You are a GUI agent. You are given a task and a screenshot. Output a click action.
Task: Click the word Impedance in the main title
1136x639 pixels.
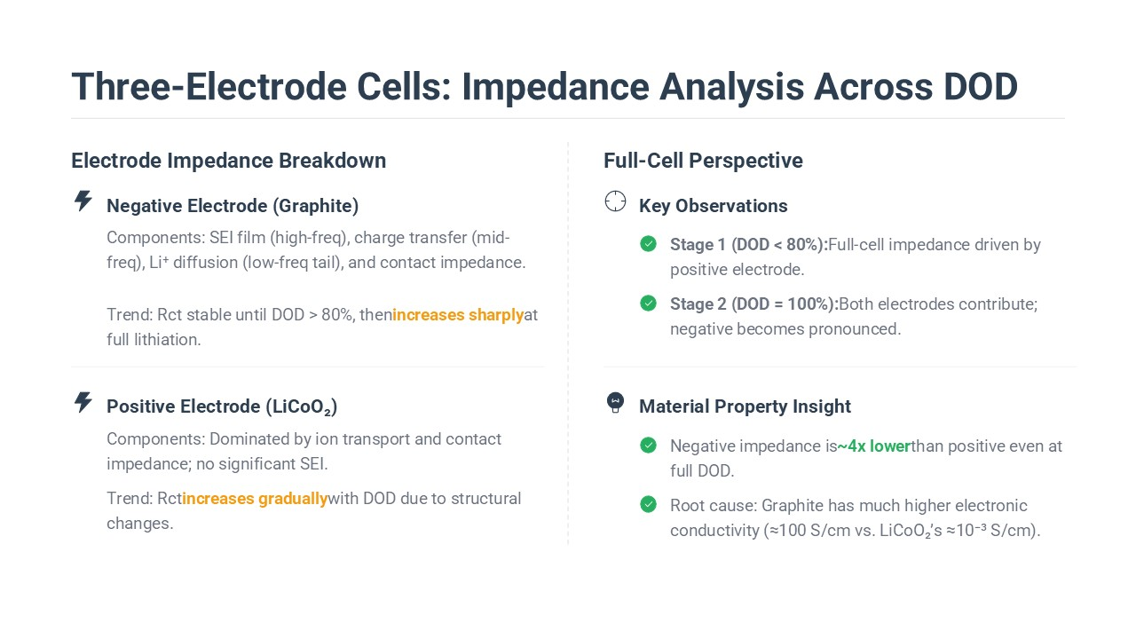click(556, 87)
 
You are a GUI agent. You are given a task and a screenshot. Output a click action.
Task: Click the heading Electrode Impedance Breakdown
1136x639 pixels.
click(229, 161)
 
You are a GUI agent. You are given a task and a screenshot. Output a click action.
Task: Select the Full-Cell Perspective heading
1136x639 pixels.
click(703, 161)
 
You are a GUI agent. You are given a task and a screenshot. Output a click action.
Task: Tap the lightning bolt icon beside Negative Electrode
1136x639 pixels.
click(83, 201)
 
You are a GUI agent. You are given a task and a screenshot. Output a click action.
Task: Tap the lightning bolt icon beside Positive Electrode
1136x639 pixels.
click(83, 402)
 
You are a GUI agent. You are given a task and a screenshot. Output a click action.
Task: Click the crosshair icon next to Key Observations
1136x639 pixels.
click(615, 201)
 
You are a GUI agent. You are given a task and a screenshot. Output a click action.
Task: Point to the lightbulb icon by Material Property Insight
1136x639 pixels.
click(615, 403)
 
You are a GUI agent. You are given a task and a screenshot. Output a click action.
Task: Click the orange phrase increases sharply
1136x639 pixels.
click(458, 315)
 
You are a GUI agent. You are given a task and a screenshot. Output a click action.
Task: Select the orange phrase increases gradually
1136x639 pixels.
click(255, 499)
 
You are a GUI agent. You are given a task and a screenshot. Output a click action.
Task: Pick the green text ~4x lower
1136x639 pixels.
click(874, 446)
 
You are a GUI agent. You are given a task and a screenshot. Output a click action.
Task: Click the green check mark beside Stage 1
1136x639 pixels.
click(648, 244)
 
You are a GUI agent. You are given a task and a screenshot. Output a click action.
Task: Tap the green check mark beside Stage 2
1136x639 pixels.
click(648, 304)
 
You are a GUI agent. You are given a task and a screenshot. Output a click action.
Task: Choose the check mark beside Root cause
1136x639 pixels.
click(648, 505)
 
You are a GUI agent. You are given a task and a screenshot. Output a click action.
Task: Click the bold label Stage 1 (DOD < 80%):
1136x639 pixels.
click(749, 245)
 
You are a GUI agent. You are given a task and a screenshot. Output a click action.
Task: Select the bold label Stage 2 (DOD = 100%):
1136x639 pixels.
click(754, 304)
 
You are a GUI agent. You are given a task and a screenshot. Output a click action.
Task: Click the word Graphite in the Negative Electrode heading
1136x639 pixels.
click(316, 206)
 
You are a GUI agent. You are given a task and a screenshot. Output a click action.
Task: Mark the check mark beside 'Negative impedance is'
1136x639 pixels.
click(648, 446)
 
